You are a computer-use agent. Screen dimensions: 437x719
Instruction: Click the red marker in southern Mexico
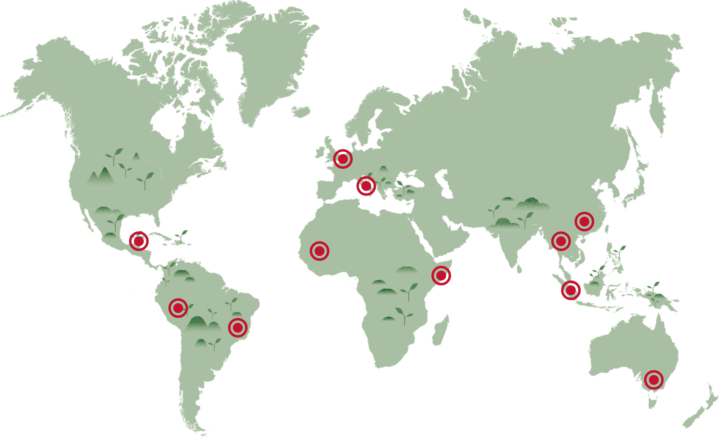pyautogui.click(x=139, y=241)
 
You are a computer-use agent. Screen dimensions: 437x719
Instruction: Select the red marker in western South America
pyautogui.click(x=178, y=308)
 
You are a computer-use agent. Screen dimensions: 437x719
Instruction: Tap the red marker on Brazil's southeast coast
pyautogui.click(x=238, y=328)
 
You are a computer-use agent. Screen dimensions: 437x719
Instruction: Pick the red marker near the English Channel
pyautogui.click(x=343, y=159)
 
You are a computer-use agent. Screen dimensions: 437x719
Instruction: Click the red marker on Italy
pyautogui.click(x=366, y=186)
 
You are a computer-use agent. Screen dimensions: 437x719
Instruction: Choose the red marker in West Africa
pyautogui.click(x=320, y=251)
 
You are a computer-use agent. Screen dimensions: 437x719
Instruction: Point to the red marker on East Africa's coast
pyautogui.click(x=441, y=276)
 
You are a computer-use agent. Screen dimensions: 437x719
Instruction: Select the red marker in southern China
pyautogui.click(x=584, y=221)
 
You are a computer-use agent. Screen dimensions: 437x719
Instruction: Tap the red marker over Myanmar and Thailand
pyautogui.click(x=561, y=241)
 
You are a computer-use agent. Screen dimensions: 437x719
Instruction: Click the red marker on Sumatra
pyautogui.click(x=571, y=290)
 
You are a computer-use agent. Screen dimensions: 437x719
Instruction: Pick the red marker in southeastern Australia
pyautogui.click(x=654, y=380)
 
